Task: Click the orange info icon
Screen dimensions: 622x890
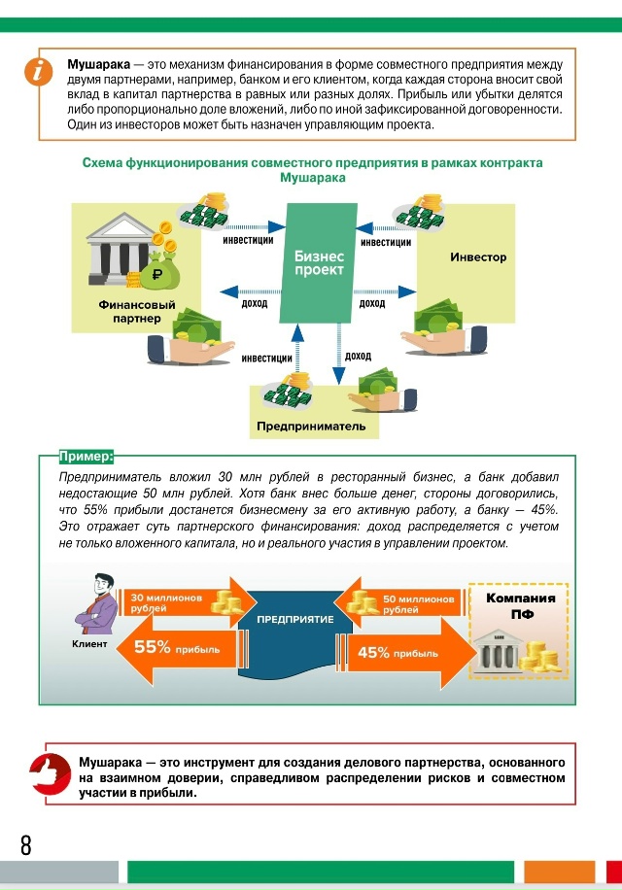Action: pyautogui.click(x=39, y=72)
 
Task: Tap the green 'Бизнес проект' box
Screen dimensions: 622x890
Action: pyautogui.click(x=319, y=263)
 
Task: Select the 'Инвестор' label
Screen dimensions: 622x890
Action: pyautogui.click(x=478, y=257)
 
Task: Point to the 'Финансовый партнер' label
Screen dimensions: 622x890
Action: pyautogui.click(x=137, y=312)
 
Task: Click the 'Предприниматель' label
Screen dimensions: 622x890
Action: pyautogui.click(x=311, y=427)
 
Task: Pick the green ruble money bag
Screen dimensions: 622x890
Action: pyautogui.click(x=159, y=271)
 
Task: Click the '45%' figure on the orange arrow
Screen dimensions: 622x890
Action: pyautogui.click(x=373, y=653)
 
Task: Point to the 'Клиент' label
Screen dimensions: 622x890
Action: pyautogui.click(x=89, y=643)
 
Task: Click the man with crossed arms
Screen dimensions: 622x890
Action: pyautogui.click(x=96, y=604)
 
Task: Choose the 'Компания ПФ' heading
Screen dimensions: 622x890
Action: pyautogui.click(x=521, y=605)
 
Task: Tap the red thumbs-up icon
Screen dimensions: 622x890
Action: pyautogui.click(x=50, y=773)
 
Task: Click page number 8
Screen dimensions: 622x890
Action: pyautogui.click(x=26, y=845)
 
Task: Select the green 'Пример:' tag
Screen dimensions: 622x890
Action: pyautogui.click(x=86, y=457)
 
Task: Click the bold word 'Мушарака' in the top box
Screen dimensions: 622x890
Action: pyautogui.click(x=99, y=65)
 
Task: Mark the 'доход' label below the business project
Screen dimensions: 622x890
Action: pyautogui.click(x=358, y=356)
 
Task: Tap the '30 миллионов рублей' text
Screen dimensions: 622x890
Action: pyautogui.click(x=166, y=602)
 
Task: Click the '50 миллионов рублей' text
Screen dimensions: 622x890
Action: pyautogui.click(x=419, y=604)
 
